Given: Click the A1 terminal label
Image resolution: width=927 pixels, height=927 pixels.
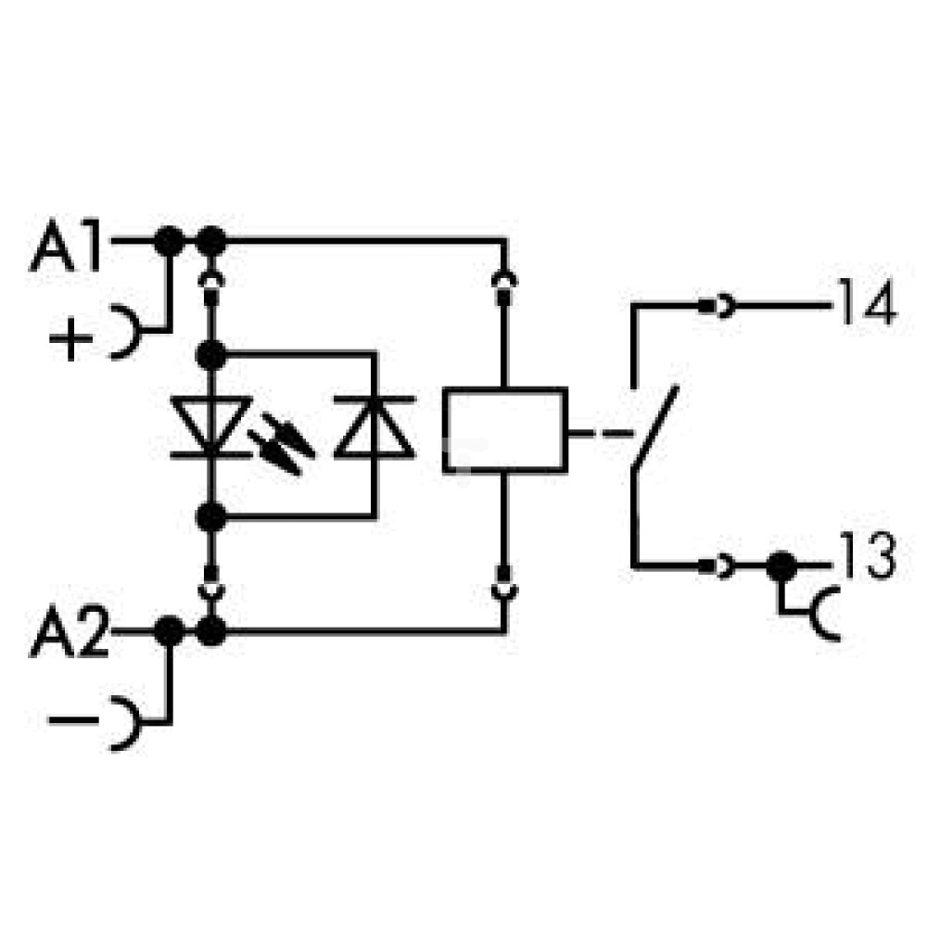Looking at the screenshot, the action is tap(66, 246).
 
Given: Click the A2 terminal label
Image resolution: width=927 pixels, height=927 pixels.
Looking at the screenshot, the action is tap(70, 632).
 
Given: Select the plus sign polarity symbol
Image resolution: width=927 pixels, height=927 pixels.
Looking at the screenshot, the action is tap(71, 338).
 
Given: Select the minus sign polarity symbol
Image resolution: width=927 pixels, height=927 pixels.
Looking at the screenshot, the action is tap(73, 719).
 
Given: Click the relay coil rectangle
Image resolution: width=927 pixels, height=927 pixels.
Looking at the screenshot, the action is tap(505, 430).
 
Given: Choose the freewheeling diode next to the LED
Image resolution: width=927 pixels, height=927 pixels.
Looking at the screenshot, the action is tap(375, 426).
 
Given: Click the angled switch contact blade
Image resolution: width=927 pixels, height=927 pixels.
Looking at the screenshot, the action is tap(655, 426).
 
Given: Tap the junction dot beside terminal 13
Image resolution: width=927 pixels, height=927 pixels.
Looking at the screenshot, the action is tap(781, 566).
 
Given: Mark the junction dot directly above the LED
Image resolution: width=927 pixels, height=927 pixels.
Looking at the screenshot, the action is tap(211, 355).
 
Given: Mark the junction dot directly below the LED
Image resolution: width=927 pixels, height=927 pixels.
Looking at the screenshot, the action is tap(211, 518).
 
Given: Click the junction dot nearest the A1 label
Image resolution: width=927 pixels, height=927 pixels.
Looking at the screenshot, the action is tap(169, 241).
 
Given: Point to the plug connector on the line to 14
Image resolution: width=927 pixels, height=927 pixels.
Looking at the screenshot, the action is tap(717, 306).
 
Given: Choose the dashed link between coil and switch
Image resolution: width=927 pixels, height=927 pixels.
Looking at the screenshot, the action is tap(601, 433).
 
